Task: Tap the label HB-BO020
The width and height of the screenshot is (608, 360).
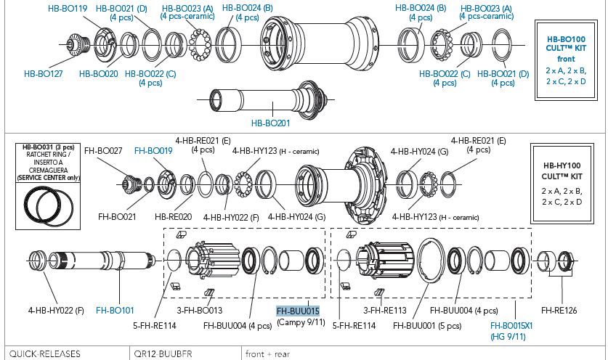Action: [x=98, y=73]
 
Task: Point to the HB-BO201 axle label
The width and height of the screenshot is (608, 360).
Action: [x=270, y=123]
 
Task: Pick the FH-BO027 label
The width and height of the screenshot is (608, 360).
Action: [x=103, y=151]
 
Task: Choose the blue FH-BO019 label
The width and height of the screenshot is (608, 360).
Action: [x=153, y=151]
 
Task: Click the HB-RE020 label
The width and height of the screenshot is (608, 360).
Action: [x=174, y=216]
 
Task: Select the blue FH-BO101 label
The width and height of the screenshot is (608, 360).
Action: [x=115, y=311]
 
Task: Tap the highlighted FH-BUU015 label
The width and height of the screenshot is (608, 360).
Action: [x=298, y=311]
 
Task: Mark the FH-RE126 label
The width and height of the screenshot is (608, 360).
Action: [x=559, y=311]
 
